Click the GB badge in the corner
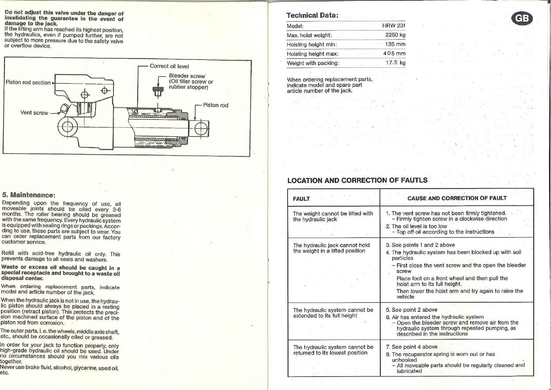(523, 18)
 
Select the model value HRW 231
(394, 26)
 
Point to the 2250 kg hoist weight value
(395, 35)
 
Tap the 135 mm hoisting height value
(395, 44)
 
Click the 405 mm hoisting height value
(394, 53)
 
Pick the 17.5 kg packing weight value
(396, 63)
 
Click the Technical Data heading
(312, 15)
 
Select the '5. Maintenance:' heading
(29, 195)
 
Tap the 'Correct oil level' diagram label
(169, 66)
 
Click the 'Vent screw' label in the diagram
(34, 113)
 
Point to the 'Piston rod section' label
(28, 83)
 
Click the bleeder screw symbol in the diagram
(158, 91)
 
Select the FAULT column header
(301, 199)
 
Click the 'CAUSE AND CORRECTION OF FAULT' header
(457, 198)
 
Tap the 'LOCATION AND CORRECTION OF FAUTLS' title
(357, 180)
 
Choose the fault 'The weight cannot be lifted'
(333, 216)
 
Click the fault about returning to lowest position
(333, 350)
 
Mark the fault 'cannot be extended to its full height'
(333, 313)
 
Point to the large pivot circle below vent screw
(67, 126)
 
